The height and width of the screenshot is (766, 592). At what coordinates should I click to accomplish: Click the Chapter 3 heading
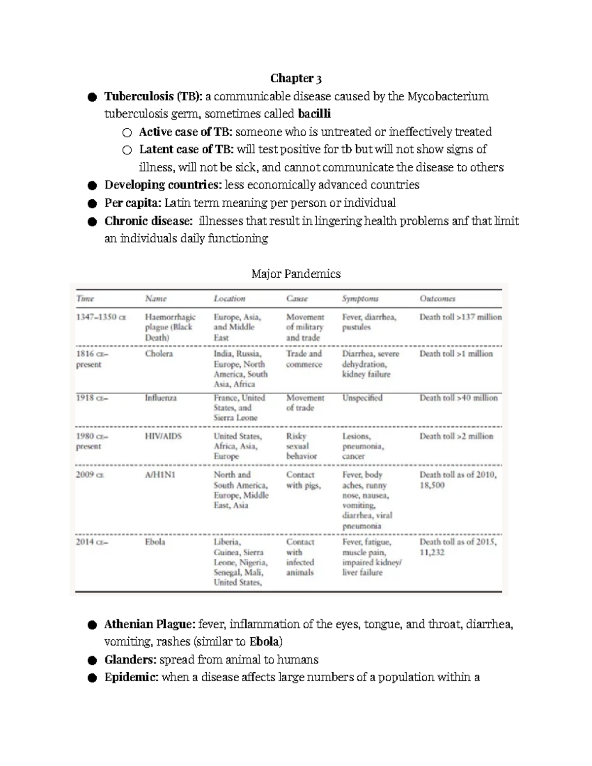click(x=296, y=78)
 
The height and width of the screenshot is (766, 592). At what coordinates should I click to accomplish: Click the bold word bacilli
click(x=314, y=114)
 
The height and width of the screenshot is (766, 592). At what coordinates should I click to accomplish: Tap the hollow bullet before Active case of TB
click(x=127, y=133)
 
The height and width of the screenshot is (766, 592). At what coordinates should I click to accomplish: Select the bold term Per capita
click(x=133, y=203)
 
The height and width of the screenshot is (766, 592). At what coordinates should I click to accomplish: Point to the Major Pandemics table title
click(x=296, y=274)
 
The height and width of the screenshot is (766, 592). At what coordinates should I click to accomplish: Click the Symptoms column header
click(x=360, y=298)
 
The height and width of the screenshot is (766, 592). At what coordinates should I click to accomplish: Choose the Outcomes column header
click(x=437, y=298)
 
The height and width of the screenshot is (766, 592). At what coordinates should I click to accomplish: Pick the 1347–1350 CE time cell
click(x=101, y=317)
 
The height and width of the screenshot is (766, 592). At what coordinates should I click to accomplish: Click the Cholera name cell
click(x=159, y=354)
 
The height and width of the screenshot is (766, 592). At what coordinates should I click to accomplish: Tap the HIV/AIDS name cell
click(x=163, y=436)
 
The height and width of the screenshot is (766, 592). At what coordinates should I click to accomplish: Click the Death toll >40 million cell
click(x=458, y=398)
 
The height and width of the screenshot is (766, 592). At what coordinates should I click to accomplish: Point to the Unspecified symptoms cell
click(x=362, y=398)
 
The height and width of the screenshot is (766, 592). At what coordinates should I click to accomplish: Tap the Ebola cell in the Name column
click(x=155, y=542)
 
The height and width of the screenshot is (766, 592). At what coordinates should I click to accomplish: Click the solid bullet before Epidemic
click(x=92, y=678)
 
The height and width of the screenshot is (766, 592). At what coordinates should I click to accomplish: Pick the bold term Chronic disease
click(x=148, y=220)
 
